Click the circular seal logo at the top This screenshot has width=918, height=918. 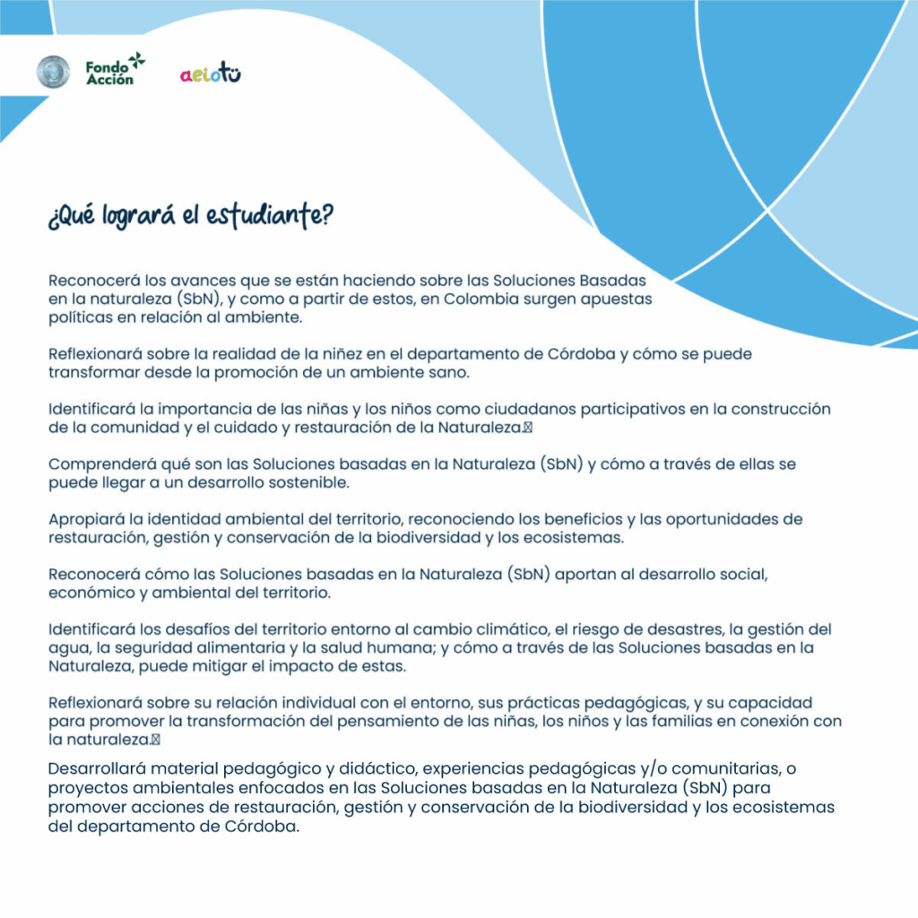(53, 72)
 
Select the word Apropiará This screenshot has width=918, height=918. (85, 519)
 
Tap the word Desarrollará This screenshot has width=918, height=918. (97, 768)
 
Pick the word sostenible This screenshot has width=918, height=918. (310, 482)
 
